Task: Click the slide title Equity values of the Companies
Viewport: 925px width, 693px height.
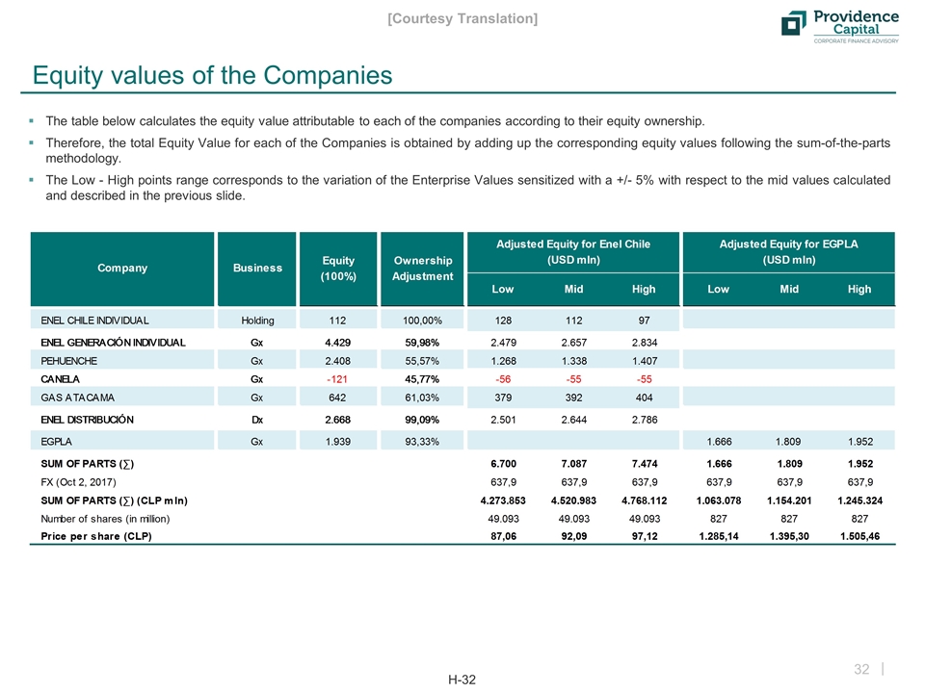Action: tap(213, 75)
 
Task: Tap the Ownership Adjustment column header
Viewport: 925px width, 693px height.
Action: tap(423, 268)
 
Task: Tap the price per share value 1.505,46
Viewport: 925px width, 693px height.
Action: tap(859, 537)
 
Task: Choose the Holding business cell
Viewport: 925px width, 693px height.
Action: tap(257, 319)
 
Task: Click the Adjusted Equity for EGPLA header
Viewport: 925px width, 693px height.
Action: tap(789, 252)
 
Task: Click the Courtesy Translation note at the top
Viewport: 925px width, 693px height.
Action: tap(462, 18)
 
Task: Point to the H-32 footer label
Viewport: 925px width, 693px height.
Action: tap(462, 680)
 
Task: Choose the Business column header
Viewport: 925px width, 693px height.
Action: tap(257, 268)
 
